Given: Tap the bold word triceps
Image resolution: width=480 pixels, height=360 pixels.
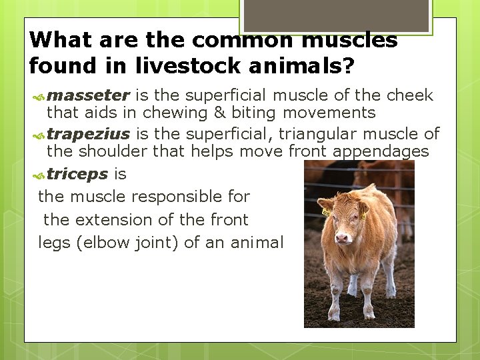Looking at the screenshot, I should point(77,174).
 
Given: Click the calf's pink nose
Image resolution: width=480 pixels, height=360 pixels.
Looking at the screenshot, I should point(343,237).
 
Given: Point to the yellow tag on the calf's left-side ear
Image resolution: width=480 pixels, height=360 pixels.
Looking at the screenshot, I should point(326,213).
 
